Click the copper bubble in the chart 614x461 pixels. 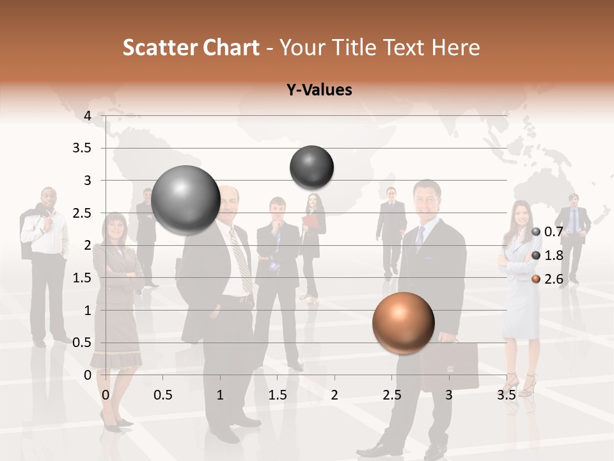click(x=403, y=323)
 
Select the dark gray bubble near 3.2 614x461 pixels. click(x=311, y=167)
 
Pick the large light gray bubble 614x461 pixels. click(x=186, y=200)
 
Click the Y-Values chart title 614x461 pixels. click(x=319, y=90)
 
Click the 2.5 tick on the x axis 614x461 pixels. click(x=391, y=395)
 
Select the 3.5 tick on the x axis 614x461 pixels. click(x=506, y=395)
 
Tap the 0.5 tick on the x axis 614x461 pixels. click(x=163, y=395)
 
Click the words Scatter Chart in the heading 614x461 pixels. click(x=191, y=47)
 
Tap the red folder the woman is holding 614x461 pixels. click(x=310, y=221)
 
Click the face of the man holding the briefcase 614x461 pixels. click(x=425, y=200)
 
